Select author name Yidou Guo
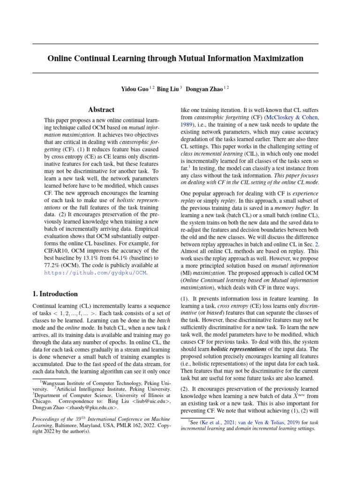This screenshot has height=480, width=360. [x=135, y=89]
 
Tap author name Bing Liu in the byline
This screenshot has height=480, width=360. [x=167, y=89]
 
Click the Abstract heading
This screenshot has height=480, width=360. [x=101, y=110]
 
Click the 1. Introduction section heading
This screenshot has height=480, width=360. [x=55, y=294]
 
